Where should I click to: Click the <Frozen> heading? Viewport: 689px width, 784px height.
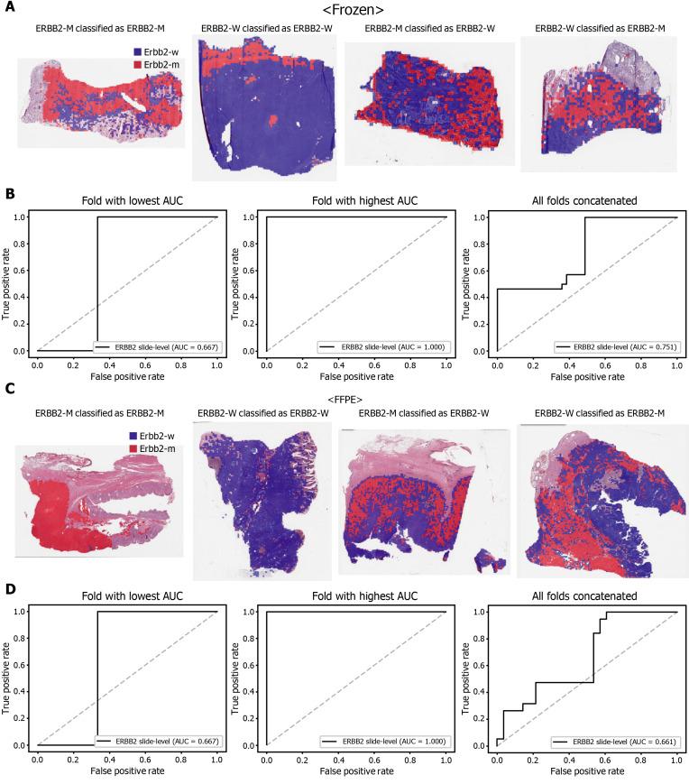click(x=358, y=11)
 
